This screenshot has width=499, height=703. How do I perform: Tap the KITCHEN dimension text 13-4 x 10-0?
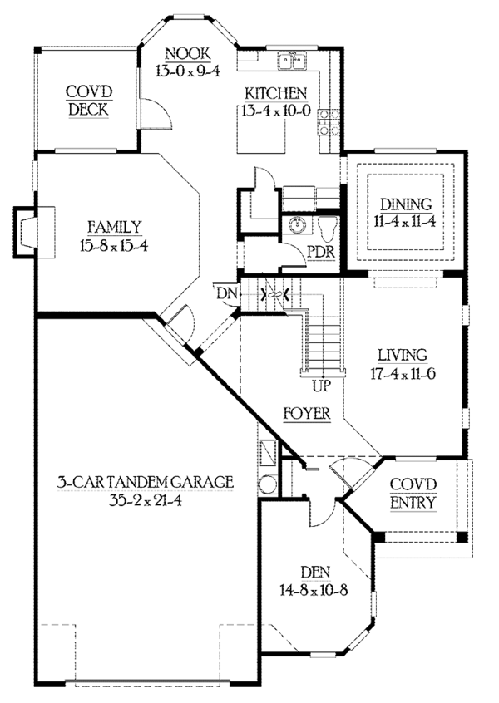point(275,111)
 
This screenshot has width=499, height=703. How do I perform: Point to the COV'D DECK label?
point(89,101)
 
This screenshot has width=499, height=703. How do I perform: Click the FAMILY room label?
point(114,227)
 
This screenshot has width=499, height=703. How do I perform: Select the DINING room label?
point(406,204)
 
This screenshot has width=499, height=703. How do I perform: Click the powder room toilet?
point(328,229)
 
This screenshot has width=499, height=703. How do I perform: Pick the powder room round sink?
point(297,224)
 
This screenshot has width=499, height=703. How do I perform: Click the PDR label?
point(321,252)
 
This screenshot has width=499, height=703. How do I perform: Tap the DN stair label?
point(226,294)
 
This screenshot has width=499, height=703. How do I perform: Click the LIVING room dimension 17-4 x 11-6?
point(403,373)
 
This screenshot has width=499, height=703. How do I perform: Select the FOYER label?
point(307,413)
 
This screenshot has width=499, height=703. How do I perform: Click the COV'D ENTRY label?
point(413,493)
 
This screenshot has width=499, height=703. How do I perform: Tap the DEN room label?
point(315,573)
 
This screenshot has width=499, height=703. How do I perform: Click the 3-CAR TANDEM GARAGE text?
point(146,482)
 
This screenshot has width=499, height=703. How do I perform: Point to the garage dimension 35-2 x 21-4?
point(146,500)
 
